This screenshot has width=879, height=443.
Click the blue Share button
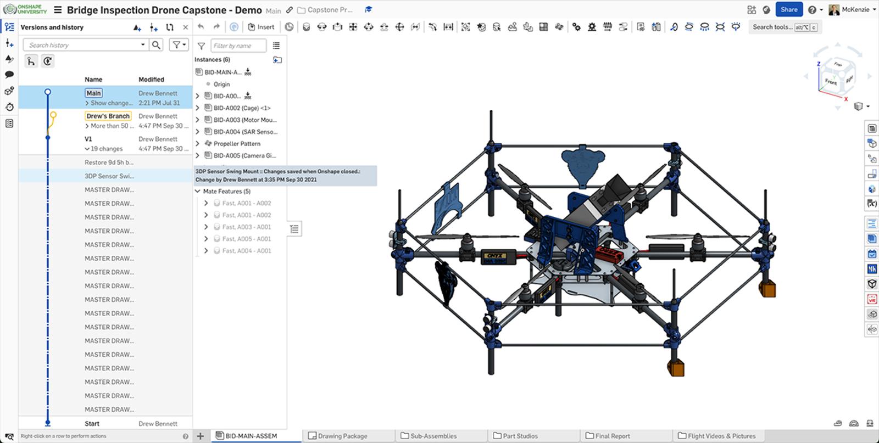pos(788,9)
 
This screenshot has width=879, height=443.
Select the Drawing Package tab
pos(342,436)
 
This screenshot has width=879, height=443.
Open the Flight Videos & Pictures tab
pos(721,436)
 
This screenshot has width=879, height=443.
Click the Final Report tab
pos(612,436)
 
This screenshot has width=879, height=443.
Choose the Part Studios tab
pos(520,436)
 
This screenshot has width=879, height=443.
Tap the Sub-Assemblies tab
pos(433,436)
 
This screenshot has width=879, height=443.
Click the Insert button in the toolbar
pos(262,27)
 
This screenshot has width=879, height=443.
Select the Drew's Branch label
pos(108,116)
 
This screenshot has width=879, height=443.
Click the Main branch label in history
pos(93,93)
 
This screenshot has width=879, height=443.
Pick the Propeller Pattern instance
pos(237,143)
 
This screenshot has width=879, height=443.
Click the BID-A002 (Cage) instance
pos(242,108)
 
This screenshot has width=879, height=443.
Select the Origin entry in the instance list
pos(221,84)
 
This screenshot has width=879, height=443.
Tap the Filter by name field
pos(238,46)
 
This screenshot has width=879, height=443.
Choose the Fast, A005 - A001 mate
pos(246,239)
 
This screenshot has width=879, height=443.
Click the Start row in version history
pos(92,423)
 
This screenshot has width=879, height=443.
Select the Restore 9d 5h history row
pos(109,162)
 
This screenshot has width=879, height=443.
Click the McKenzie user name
pos(855,9)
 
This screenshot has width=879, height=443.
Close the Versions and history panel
pos(186,27)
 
